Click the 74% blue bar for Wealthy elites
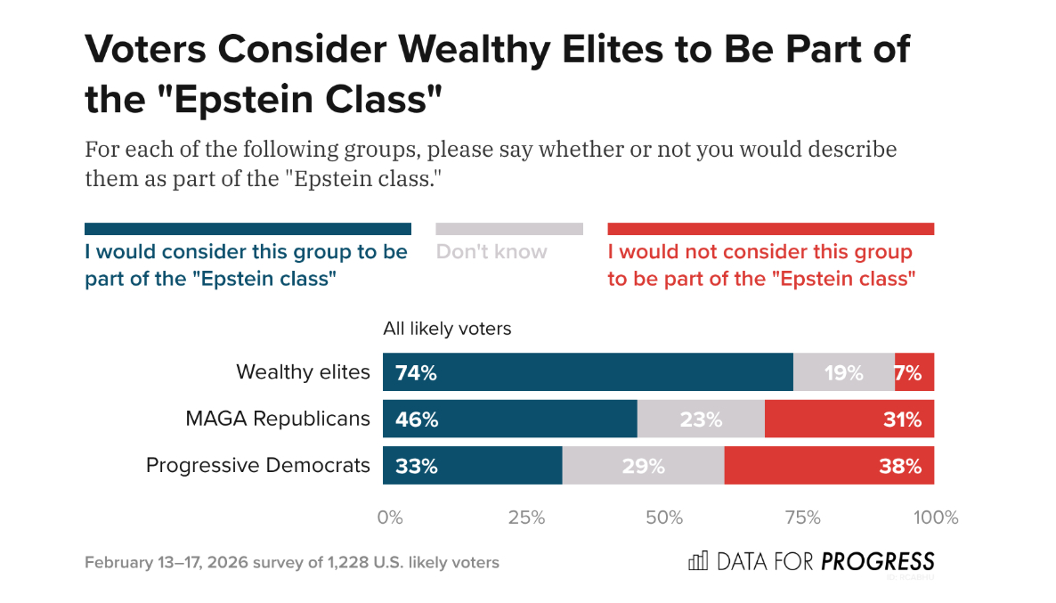pyautogui.click(x=588, y=372)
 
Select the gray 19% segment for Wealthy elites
pyautogui.click(x=844, y=372)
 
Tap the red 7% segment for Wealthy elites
pyautogui.click(x=914, y=372)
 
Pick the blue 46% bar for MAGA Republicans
pyautogui.click(x=510, y=419)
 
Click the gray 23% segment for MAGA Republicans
pyautogui.click(x=701, y=419)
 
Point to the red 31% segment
pyautogui.click(x=849, y=419)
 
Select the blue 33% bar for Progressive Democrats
pyautogui.click(x=473, y=466)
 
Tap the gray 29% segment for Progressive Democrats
pyautogui.click(x=644, y=466)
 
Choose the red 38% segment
pyautogui.click(x=830, y=466)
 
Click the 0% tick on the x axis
pyautogui.click(x=389, y=517)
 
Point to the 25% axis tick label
pyautogui.click(x=526, y=517)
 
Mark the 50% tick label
pyautogui.click(x=664, y=517)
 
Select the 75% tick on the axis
pyautogui.click(x=802, y=517)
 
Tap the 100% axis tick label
pyautogui.click(x=936, y=517)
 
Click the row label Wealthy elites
pyautogui.click(x=303, y=372)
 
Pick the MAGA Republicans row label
pyautogui.click(x=278, y=419)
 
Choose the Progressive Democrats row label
pyautogui.click(x=258, y=466)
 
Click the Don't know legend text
pyautogui.click(x=491, y=252)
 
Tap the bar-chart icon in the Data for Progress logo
pyautogui.click(x=698, y=561)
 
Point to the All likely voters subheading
pyautogui.click(x=447, y=329)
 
